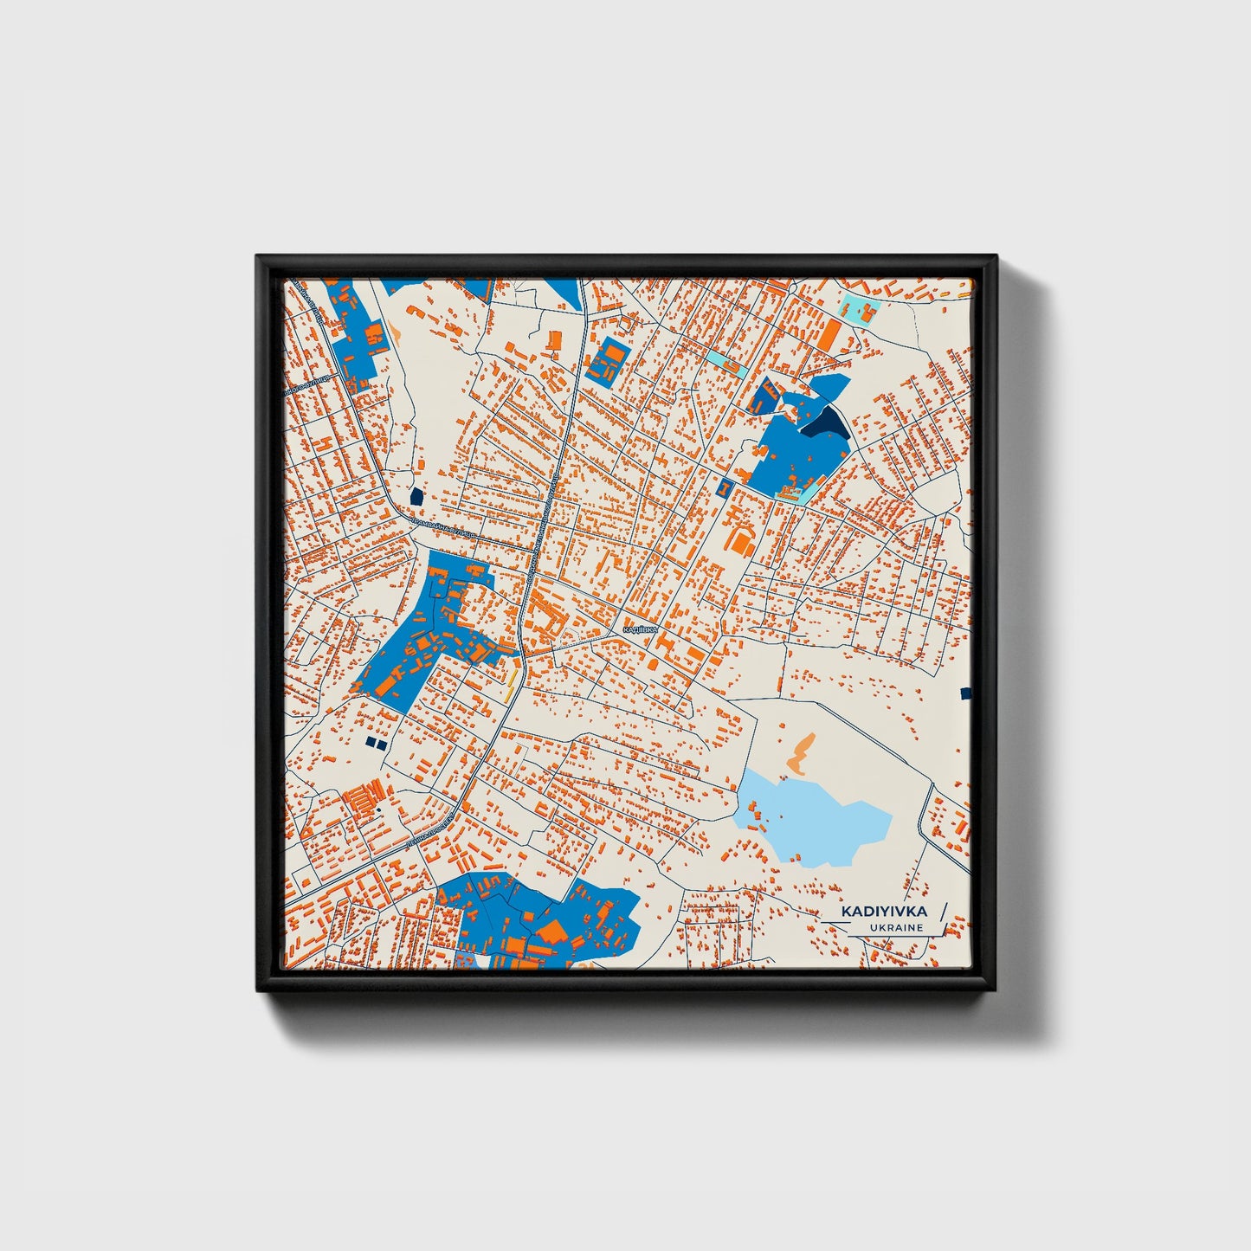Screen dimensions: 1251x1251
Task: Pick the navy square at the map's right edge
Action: tap(966, 693)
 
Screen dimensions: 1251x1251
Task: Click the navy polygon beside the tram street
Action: tap(416, 497)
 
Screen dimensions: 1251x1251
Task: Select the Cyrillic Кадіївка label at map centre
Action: tap(641, 629)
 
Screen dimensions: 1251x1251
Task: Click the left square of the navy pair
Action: tap(370, 742)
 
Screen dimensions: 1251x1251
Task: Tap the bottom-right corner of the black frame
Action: tap(996, 989)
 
